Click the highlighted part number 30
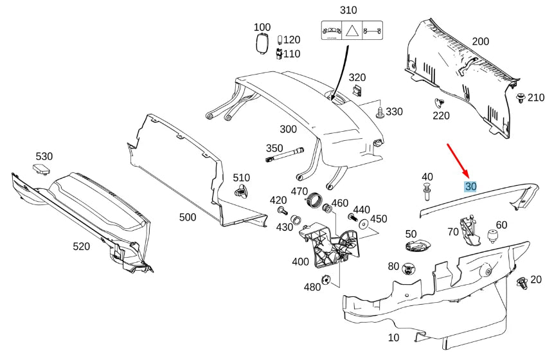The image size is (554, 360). click(470, 186)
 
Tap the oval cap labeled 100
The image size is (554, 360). click(262, 45)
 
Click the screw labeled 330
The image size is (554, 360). click(380, 113)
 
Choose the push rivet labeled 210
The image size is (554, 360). click(519, 98)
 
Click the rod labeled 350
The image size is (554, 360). click(283, 154)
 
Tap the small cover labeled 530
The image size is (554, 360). click(42, 168)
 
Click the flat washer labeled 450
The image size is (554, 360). click(364, 224)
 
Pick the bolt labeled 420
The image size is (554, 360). click(281, 210)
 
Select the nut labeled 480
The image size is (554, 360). click(327, 280)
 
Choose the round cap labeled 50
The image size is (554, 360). click(418, 245)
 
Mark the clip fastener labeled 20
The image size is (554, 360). click(522, 282)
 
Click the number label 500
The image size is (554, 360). click(188, 217)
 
